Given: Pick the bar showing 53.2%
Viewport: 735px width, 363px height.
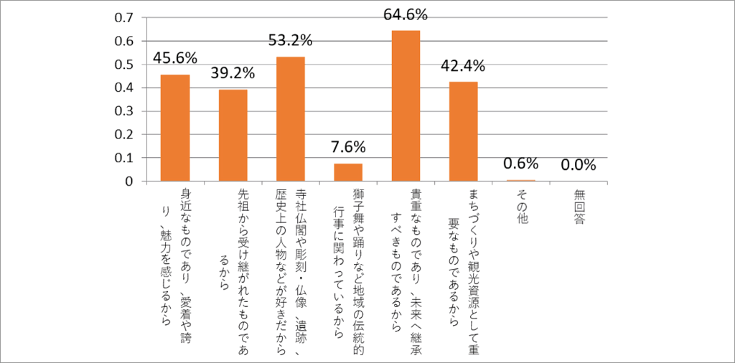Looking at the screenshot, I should pyautogui.click(x=291, y=119).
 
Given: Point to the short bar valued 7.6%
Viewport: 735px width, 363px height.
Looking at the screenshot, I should pyautogui.click(x=348, y=172).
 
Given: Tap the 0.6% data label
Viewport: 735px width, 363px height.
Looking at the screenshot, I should pyautogui.click(x=521, y=164).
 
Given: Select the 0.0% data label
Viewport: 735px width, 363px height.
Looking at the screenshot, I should pyautogui.click(x=579, y=164).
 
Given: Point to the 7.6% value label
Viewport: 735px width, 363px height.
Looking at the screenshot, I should pyautogui.click(x=348, y=147).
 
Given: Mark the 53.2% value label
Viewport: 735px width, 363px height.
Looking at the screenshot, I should pyautogui.click(x=291, y=40).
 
